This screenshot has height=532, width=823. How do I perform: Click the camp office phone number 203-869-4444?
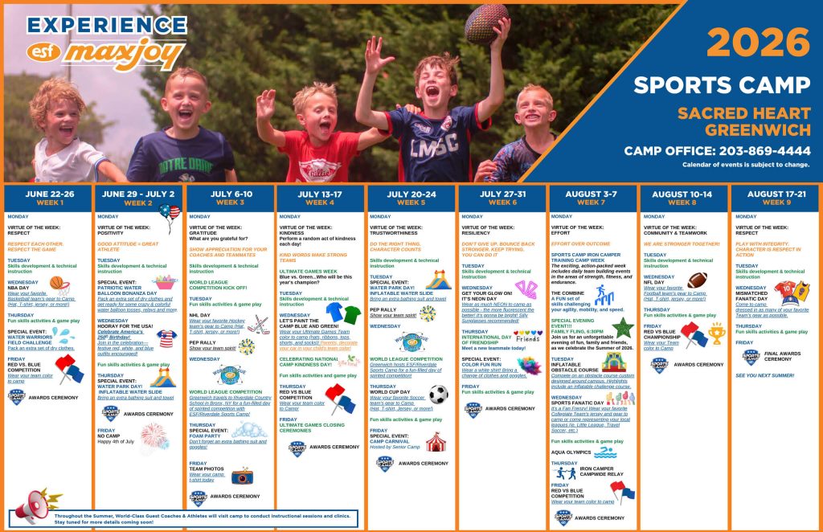(x=717, y=150)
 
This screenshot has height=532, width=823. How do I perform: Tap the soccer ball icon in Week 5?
(x=437, y=395)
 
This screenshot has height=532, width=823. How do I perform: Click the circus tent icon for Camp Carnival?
(x=436, y=441)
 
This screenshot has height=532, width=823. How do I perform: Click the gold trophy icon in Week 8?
(x=716, y=334)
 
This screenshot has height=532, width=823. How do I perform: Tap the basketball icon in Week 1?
(x=57, y=283)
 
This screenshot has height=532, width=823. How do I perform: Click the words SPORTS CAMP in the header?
(x=721, y=85)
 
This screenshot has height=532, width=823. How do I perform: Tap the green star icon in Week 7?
(x=622, y=327)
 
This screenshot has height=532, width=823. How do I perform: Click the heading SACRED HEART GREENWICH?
(x=743, y=121)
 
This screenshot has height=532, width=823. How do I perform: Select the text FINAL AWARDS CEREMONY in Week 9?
(x=783, y=355)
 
